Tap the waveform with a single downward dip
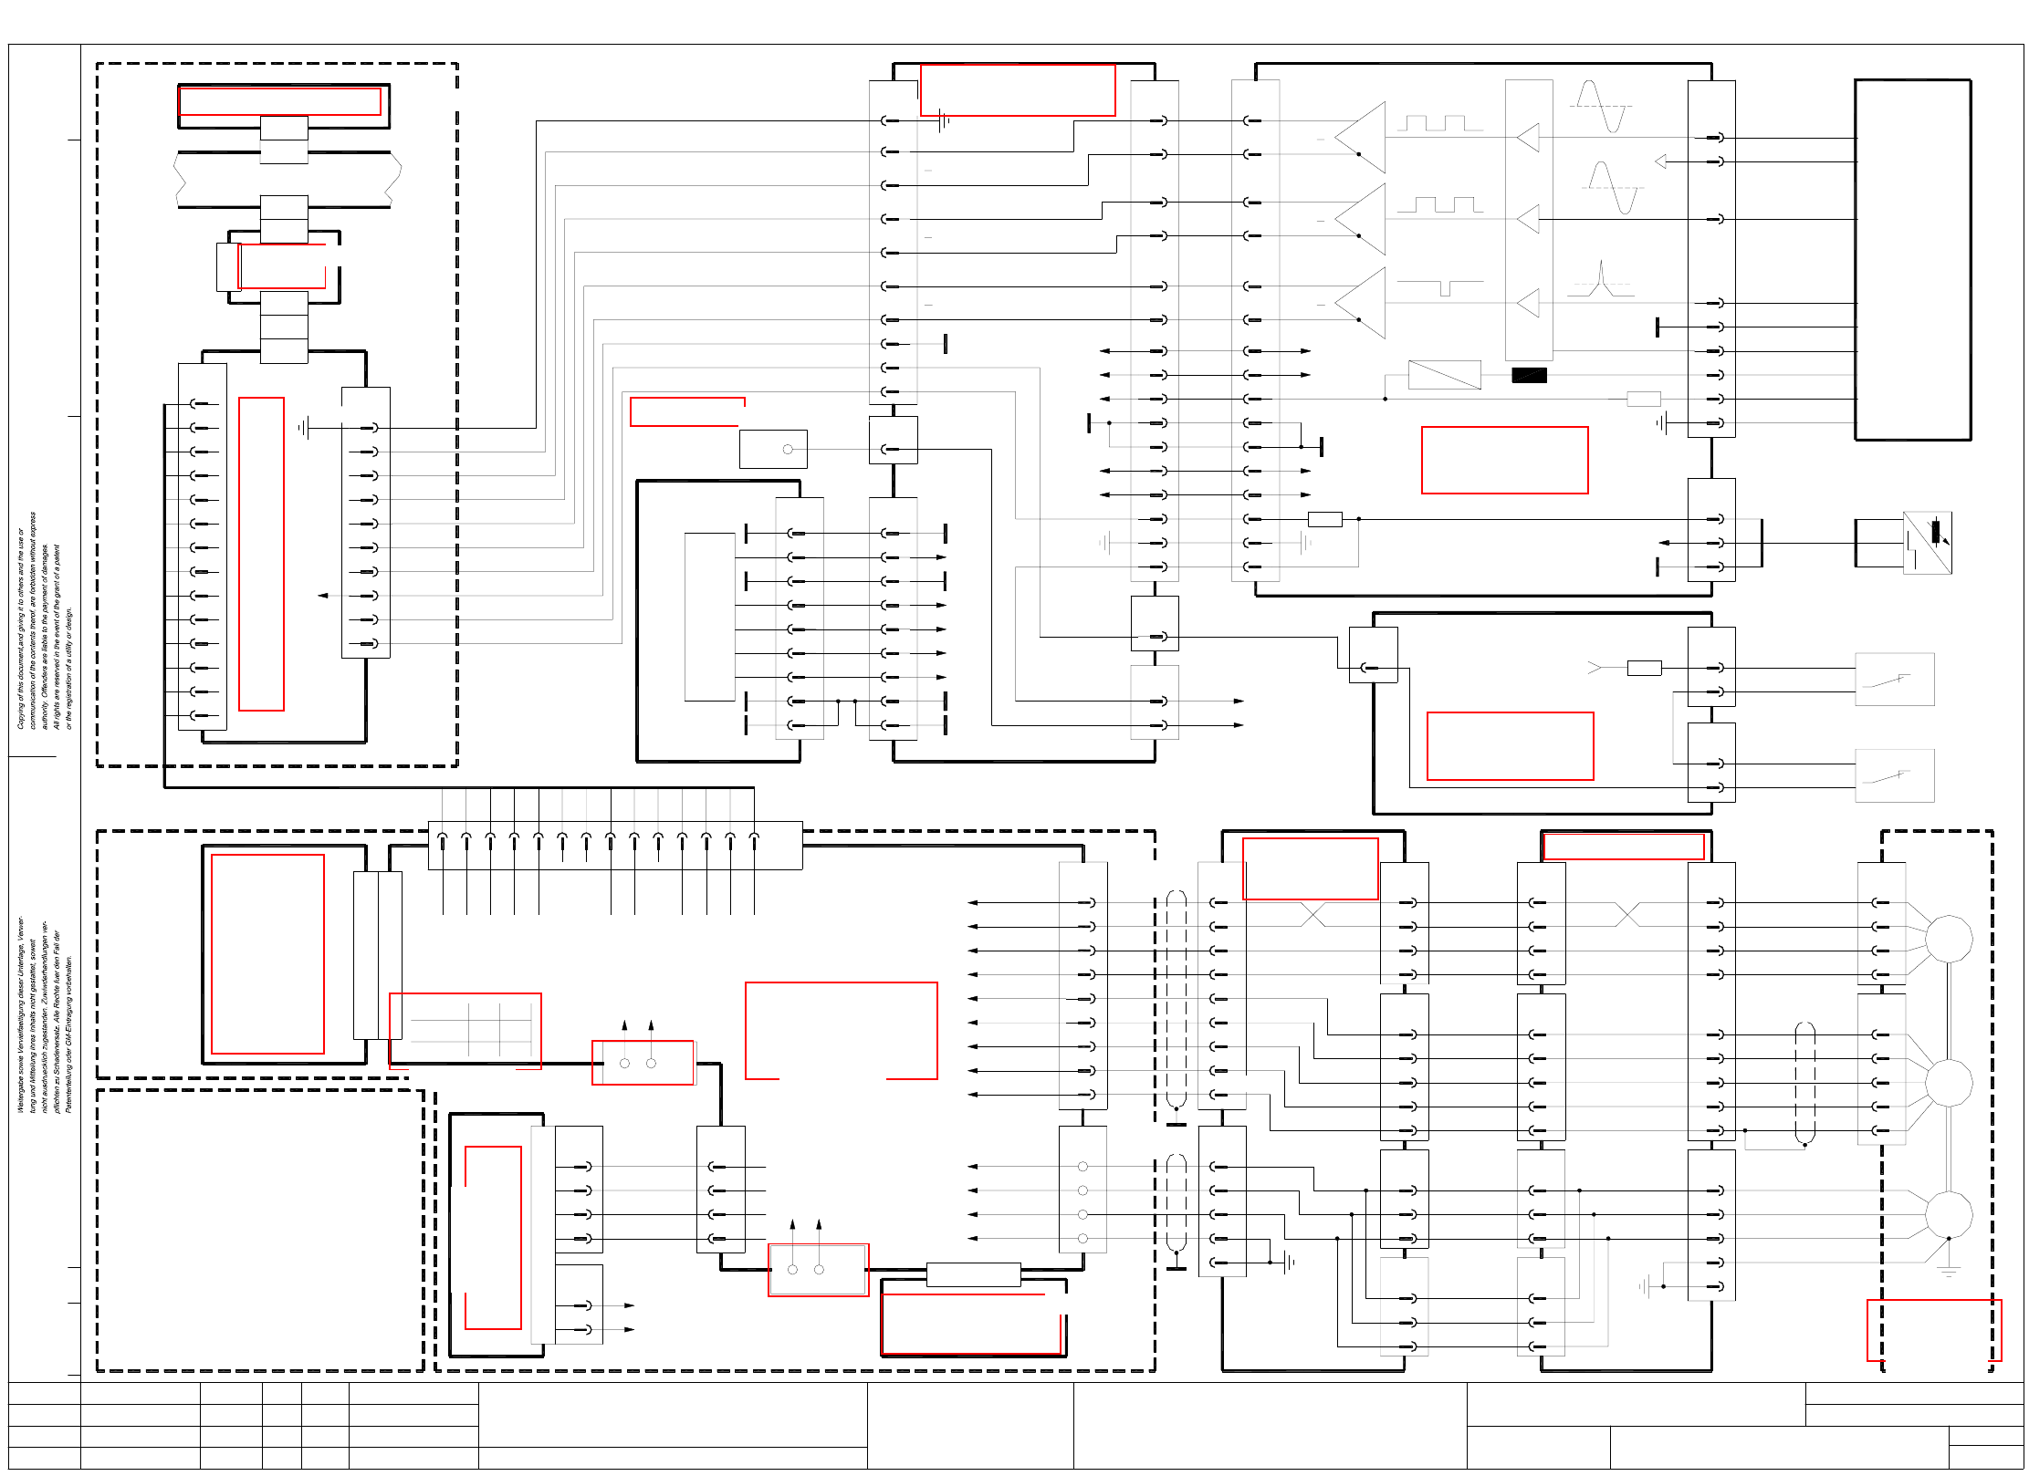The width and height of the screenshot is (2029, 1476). [x=1441, y=287]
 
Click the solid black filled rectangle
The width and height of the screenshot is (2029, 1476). [x=1529, y=375]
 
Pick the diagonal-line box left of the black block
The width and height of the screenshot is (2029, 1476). [x=1444, y=375]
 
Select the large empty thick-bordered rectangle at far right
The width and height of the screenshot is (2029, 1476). [x=1912, y=260]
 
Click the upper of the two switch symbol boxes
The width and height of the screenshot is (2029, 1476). [x=1894, y=680]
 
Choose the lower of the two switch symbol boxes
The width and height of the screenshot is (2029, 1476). [x=1894, y=776]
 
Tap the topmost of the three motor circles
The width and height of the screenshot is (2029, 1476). [x=1948, y=939]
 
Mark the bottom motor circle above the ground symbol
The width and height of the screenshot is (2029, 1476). [x=1948, y=1215]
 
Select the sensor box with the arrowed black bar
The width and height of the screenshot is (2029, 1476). [x=1927, y=543]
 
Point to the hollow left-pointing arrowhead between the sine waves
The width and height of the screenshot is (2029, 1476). [x=1660, y=161]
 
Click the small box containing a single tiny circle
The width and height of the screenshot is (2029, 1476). [x=773, y=449]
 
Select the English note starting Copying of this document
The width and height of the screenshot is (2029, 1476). [x=44, y=620]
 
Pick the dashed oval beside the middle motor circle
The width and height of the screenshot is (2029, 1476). [x=1804, y=1083]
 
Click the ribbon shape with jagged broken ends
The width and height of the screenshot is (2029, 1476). [x=288, y=180]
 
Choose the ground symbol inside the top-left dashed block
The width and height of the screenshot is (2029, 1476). [x=304, y=427]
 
